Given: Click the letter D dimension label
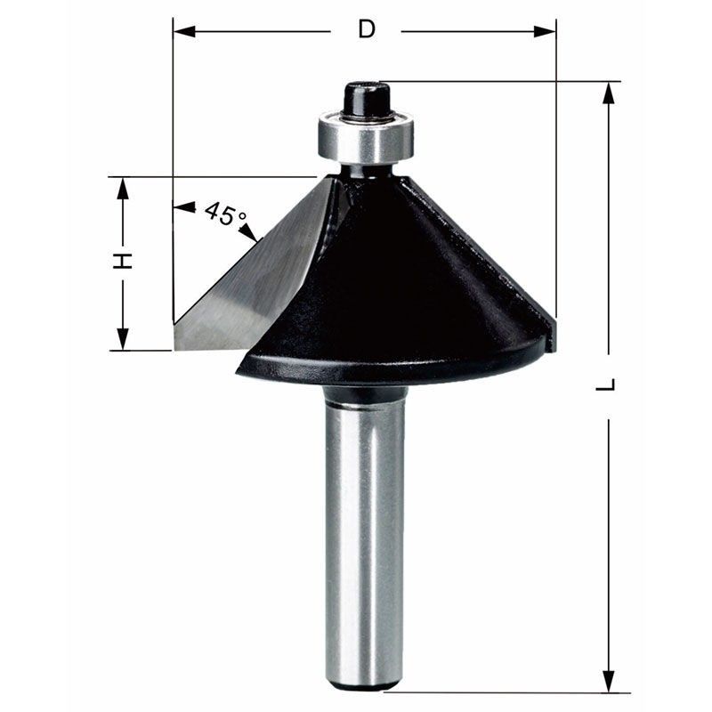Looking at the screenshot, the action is (x=366, y=30).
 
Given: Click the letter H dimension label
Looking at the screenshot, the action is (x=123, y=262).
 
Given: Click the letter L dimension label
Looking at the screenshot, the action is (x=606, y=384).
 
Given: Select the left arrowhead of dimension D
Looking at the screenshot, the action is (x=184, y=31).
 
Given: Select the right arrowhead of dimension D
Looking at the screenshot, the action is (x=545, y=31).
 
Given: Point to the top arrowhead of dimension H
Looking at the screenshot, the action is (x=123, y=189).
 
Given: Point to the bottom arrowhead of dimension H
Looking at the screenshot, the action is (x=123, y=339).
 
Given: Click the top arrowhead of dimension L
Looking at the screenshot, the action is (x=609, y=93).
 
